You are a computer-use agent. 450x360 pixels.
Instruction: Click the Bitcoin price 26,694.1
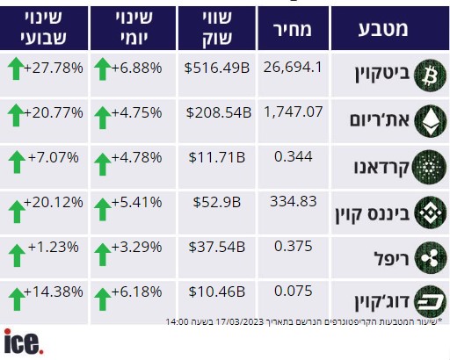click(293, 68)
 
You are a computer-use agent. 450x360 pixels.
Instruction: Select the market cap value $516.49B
click(217, 68)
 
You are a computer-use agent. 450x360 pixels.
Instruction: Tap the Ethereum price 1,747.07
click(294, 112)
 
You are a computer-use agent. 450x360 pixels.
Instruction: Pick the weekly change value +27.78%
click(54, 68)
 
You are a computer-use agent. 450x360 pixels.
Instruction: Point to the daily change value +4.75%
click(137, 112)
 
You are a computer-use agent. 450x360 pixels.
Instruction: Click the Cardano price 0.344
click(294, 156)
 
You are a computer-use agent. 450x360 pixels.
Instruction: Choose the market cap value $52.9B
click(217, 202)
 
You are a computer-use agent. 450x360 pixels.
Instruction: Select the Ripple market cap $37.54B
click(217, 247)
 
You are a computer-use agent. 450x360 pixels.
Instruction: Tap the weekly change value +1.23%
click(54, 247)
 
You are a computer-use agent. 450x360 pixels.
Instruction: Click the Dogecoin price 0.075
click(294, 291)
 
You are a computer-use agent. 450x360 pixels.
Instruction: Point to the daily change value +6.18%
click(137, 292)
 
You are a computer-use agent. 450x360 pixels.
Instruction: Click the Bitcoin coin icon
click(430, 76)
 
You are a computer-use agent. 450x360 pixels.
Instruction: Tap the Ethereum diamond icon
click(431, 121)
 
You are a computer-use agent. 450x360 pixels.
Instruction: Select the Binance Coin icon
click(431, 212)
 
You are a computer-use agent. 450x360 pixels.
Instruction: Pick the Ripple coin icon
click(431, 258)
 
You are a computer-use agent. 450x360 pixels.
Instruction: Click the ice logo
click(24, 342)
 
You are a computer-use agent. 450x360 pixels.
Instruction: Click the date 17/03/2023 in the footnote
click(240, 322)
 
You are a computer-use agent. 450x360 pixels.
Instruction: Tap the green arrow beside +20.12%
click(17, 212)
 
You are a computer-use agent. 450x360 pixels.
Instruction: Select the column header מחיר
click(293, 29)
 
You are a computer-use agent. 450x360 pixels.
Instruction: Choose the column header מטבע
click(383, 29)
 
